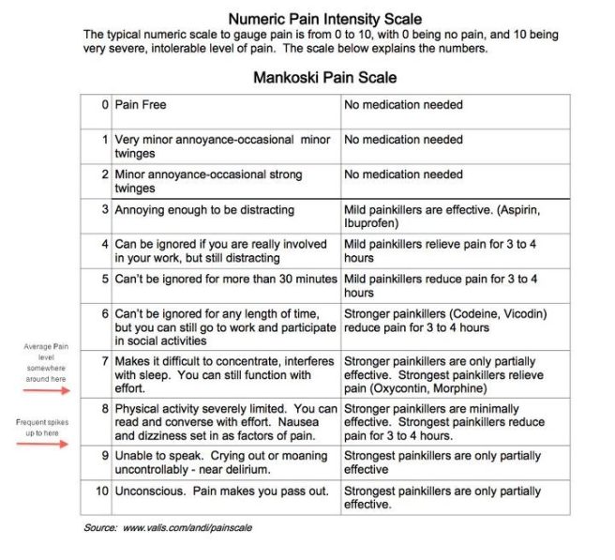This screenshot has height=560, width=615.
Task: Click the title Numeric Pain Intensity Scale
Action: click(x=324, y=19)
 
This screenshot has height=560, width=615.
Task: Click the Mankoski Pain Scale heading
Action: click(x=324, y=78)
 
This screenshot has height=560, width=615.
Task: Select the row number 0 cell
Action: click(x=104, y=105)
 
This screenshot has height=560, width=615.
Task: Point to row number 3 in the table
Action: click(x=104, y=209)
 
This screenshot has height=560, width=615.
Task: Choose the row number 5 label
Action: click(x=104, y=279)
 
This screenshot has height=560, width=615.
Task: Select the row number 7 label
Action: click(x=104, y=361)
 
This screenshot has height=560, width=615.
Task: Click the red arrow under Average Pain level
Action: click(x=45, y=385)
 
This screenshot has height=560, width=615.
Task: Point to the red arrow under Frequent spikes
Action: click(x=45, y=444)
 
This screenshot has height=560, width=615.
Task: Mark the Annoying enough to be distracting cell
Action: click(x=204, y=209)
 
